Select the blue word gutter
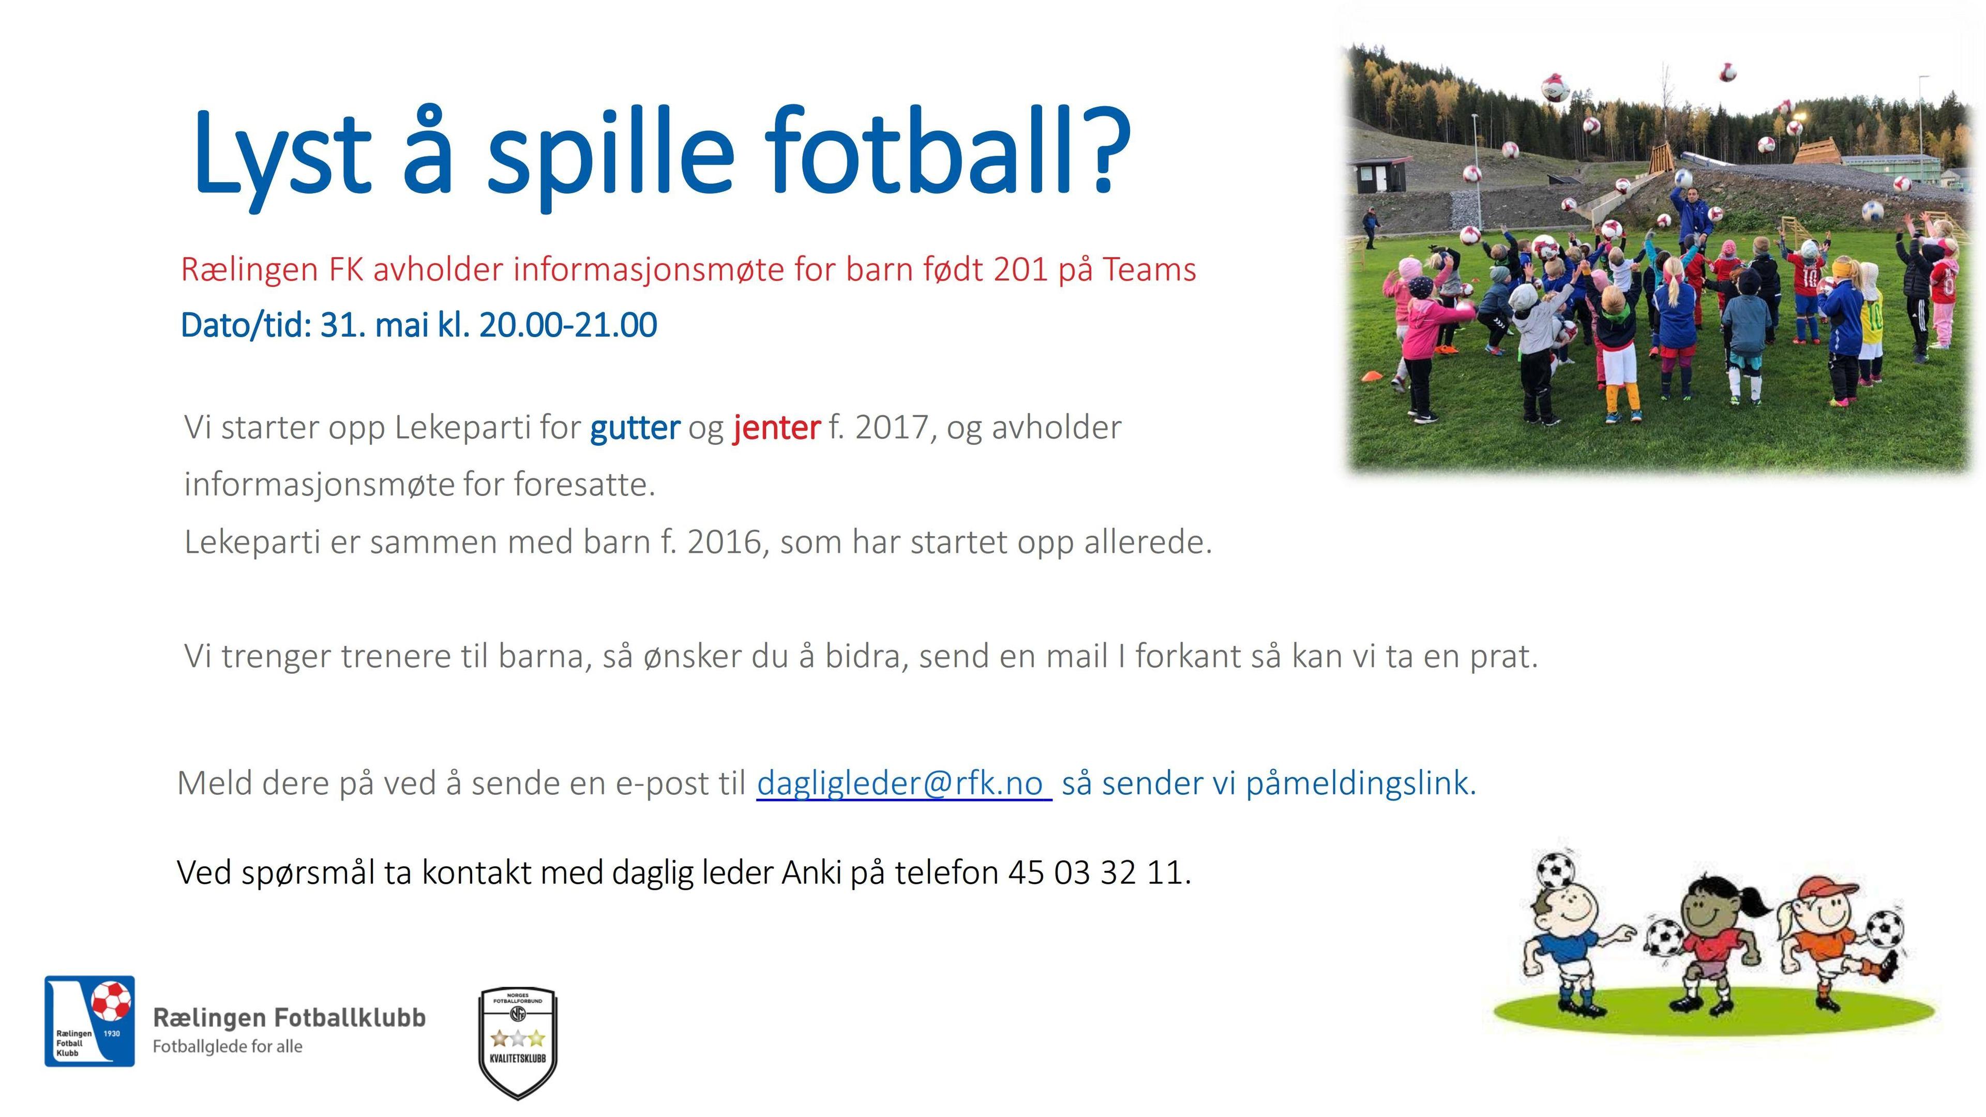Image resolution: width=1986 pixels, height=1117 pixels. [635, 428]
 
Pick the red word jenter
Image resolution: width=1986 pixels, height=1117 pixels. [776, 428]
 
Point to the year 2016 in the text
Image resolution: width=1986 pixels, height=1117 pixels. [728, 542]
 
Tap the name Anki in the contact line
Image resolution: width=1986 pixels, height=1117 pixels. [811, 872]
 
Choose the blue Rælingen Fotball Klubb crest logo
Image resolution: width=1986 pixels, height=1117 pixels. [89, 1021]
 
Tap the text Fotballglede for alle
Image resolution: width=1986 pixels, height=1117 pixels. [228, 1047]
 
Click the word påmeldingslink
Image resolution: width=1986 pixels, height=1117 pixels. [1361, 784]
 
